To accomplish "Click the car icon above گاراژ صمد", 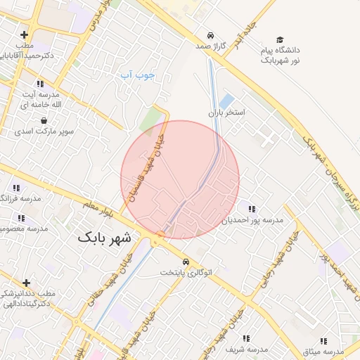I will point(210,35).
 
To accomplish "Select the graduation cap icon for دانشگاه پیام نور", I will point(280,40).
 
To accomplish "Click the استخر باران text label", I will point(226,112).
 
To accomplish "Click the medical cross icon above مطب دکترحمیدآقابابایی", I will point(25,34).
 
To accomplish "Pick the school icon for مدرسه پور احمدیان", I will point(252,209).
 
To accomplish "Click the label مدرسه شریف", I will point(247,349).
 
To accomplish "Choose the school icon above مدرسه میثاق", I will point(323,341).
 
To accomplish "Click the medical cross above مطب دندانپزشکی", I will point(27,283).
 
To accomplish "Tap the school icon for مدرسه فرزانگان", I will point(16,188).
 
